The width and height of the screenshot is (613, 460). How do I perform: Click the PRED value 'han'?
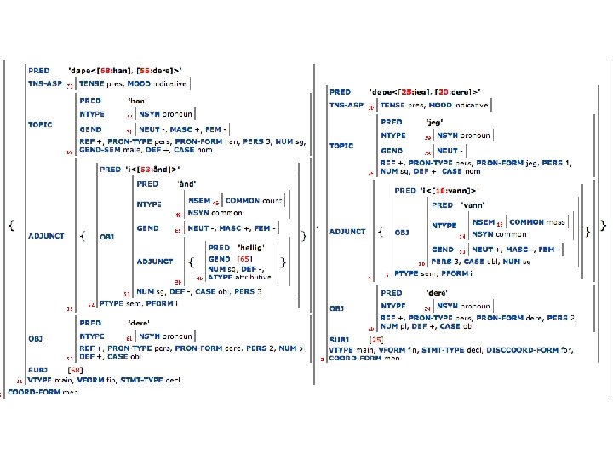(137, 101)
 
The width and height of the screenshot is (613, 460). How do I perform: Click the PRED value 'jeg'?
(437, 122)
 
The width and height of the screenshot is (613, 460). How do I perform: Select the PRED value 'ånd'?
(187, 183)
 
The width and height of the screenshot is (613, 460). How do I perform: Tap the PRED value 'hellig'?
(250, 247)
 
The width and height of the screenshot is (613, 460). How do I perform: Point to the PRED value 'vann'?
(472, 205)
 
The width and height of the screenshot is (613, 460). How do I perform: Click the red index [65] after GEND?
(245, 258)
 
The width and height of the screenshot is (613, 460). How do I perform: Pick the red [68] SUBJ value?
(76, 370)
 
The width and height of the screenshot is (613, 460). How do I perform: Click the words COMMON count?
(254, 200)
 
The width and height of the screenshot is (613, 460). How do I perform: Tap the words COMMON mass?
(537, 222)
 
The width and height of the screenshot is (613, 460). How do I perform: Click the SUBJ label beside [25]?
(340, 339)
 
